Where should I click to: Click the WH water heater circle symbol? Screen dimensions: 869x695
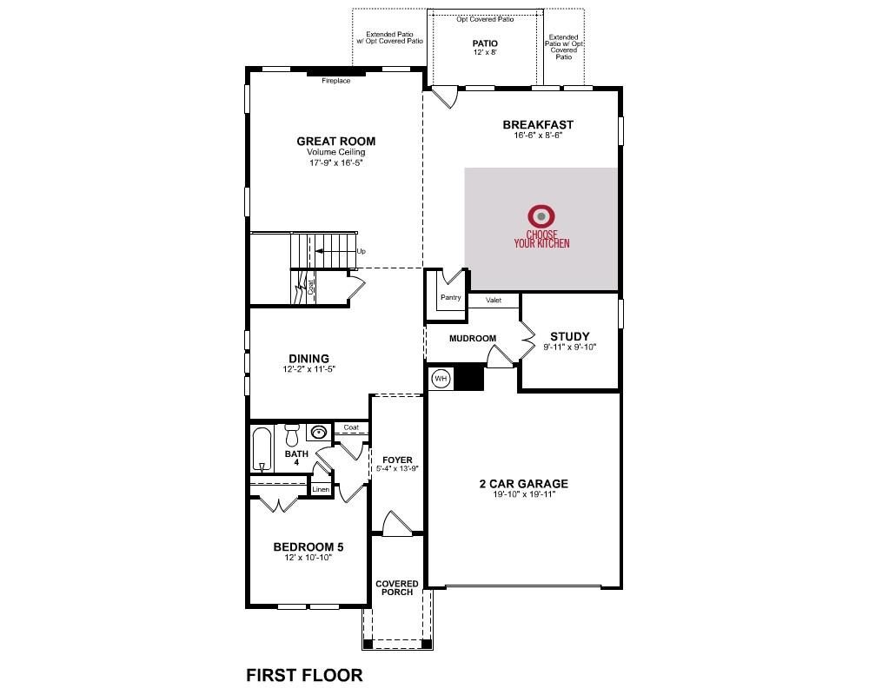(441, 379)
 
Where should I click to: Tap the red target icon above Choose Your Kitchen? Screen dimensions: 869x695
(541, 216)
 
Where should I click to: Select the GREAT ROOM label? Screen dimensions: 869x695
(335, 142)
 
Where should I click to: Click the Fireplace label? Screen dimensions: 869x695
(335, 81)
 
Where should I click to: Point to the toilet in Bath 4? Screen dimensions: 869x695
(292, 435)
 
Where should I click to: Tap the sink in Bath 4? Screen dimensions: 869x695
(319, 432)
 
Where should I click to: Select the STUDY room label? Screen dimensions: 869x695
(570, 336)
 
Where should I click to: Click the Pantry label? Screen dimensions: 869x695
(450, 298)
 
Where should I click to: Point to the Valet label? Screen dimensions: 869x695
(494, 301)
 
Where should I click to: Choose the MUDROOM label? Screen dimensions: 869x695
(473, 338)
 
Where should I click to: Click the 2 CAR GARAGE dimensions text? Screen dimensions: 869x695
(524, 495)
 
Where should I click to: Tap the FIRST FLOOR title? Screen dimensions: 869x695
(304, 675)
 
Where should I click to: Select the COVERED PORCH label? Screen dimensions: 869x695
(397, 587)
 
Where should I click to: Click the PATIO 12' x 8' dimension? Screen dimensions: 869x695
(485, 53)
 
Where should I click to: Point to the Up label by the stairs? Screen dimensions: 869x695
(362, 251)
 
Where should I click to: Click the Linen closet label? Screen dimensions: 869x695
(321, 489)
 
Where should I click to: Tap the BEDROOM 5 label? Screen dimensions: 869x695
(308, 547)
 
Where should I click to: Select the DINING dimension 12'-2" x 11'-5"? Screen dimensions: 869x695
(308, 369)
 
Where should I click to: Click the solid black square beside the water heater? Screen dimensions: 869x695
(469, 377)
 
